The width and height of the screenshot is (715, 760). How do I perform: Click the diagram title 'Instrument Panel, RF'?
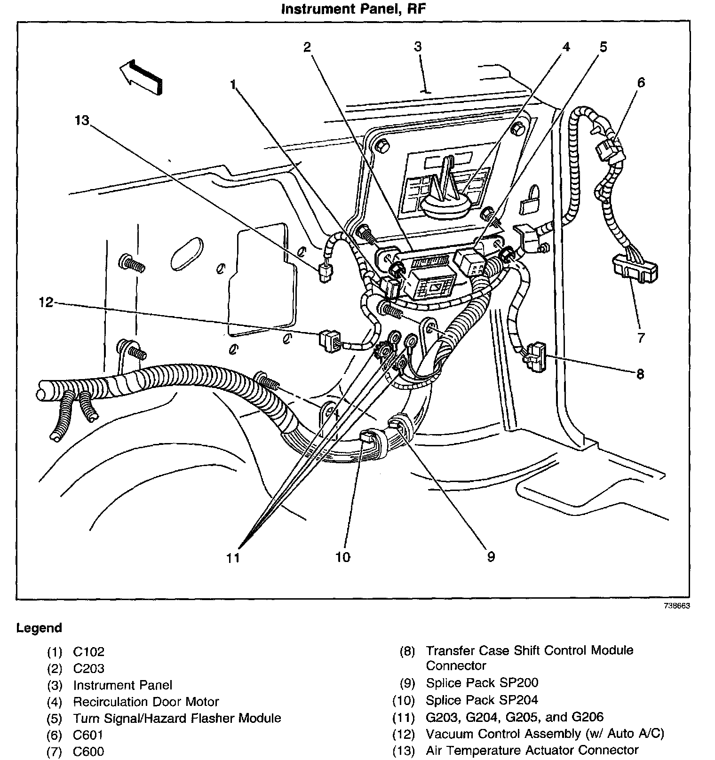[x=354, y=9]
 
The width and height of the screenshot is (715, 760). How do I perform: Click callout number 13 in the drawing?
[x=81, y=120]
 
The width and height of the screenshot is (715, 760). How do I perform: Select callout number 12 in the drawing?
[x=46, y=302]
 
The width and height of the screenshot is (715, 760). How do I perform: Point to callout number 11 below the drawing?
[x=233, y=558]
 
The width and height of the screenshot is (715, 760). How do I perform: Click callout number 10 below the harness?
[x=343, y=557]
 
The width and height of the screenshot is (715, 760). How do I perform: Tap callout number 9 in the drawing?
[x=491, y=557]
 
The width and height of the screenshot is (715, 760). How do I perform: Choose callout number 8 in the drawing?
[x=640, y=374]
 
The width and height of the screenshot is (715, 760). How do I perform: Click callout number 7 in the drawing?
[x=641, y=337]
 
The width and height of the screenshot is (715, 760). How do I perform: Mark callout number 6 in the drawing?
[x=641, y=83]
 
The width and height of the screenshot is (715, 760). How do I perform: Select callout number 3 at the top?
[x=418, y=47]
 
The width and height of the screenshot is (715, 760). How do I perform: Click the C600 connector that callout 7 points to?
[x=634, y=268]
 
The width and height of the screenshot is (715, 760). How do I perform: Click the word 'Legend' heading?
[x=39, y=628]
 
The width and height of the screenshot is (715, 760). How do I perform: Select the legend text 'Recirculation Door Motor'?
[x=146, y=702]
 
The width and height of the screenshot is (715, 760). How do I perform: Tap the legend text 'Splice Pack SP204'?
[x=482, y=700]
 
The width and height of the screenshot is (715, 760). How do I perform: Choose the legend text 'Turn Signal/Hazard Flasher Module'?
[x=177, y=718]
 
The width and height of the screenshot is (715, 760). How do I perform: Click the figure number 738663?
[x=677, y=606]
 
